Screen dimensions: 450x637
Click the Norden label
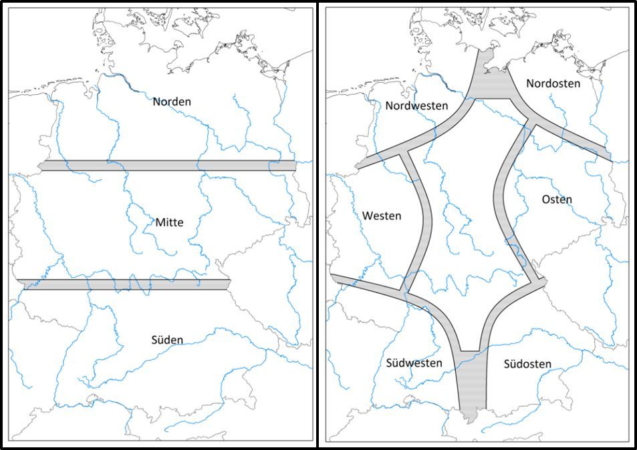(x=172, y=101)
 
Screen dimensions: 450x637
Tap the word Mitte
(x=169, y=222)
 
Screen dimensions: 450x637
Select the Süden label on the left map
(x=167, y=340)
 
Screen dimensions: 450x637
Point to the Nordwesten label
(x=416, y=105)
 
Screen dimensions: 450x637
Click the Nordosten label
(x=553, y=83)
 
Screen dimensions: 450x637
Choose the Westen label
(x=382, y=216)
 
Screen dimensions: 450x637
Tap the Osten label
(x=557, y=200)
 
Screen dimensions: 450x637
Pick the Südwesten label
(x=414, y=363)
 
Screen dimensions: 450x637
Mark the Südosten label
(x=527, y=364)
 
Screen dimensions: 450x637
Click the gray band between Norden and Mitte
(x=167, y=166)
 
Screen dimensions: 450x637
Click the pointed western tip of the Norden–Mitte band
(x=41, y=166)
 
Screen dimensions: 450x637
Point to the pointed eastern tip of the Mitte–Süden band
(x=231, y=284)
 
